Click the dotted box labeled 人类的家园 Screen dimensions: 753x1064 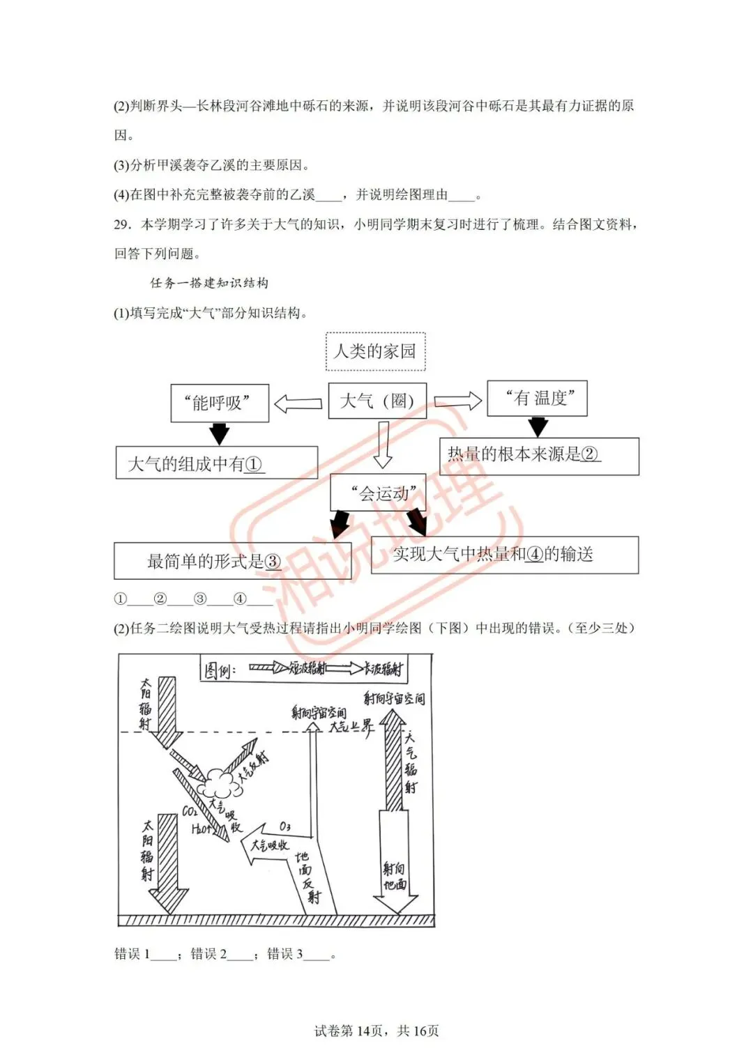(375, 352)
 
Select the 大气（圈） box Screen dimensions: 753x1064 (377, 401)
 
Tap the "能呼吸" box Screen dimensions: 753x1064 (220, 403)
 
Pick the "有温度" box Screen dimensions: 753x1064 (537, 399)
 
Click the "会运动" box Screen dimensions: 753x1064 (378, 493)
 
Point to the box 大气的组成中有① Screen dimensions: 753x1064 (216, 463)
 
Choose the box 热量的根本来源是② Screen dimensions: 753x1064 (539, 456)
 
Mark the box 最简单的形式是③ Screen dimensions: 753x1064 (232, 562)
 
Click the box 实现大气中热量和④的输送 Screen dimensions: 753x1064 (504, 555)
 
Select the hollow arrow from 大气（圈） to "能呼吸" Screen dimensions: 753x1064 (298, 403)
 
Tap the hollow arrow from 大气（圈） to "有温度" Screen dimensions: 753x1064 (457, 401)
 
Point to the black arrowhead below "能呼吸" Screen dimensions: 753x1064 (220, 434)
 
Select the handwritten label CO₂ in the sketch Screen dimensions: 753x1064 (190, 811)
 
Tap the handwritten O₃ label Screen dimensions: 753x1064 (285, 826)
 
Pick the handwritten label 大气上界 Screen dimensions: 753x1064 (351, 726)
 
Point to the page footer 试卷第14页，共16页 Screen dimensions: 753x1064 (376, 1031)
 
